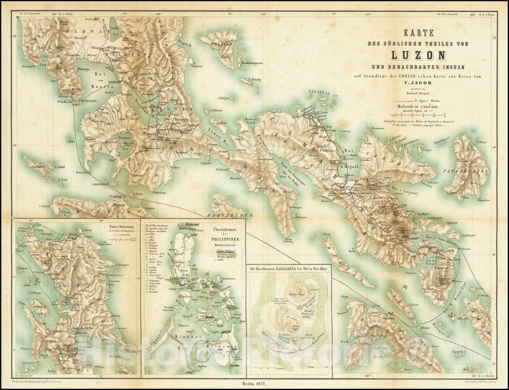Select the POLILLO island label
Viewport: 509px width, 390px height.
coord(223,44)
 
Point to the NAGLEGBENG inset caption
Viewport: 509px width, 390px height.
coord(289,268)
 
